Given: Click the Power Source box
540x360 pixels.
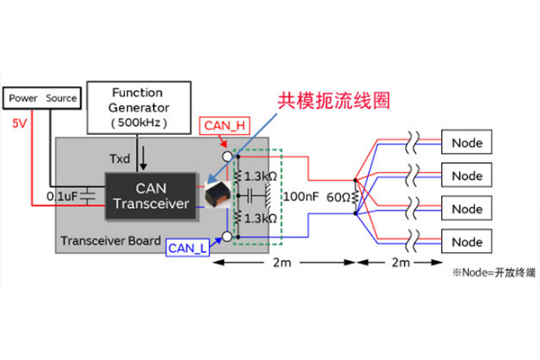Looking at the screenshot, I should (43, 98).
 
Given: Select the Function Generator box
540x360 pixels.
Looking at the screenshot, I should (137, 107).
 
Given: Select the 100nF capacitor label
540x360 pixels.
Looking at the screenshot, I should (301, 194).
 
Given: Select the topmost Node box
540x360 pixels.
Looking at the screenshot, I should (467, 142).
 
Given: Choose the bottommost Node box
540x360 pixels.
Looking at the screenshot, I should (467, 242).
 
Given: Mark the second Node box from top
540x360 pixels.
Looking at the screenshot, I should (467, 175).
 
